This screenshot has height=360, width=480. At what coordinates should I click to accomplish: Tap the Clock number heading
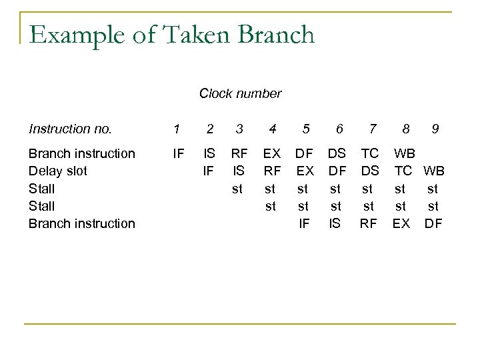coord(240,93)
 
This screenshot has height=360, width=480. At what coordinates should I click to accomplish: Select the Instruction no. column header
coord(70,129)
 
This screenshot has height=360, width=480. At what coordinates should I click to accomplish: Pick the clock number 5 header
coord(306,129)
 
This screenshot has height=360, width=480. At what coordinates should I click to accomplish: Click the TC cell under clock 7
coord(369,153)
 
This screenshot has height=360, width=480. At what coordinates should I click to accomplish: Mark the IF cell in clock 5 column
coord(304,223)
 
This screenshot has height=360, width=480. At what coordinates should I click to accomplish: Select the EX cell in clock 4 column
coord(271,153)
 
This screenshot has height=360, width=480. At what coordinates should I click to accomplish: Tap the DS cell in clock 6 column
coord(337,153)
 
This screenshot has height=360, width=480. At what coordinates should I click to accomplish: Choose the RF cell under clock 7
coord(369,223)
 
